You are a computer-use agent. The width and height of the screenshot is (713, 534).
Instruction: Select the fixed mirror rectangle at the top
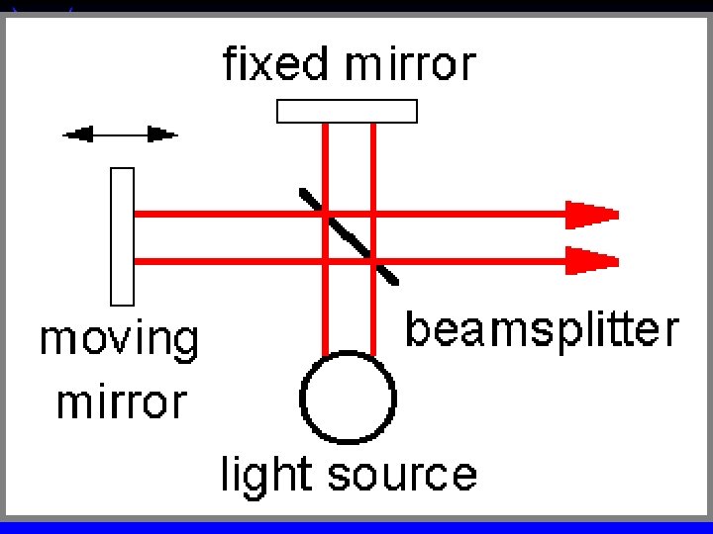point(347,110)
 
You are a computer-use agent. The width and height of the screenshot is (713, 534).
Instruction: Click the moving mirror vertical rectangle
point(122,235)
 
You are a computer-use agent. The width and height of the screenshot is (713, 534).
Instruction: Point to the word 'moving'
point(119,341)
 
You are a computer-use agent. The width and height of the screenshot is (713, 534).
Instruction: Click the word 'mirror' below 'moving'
point(121,401)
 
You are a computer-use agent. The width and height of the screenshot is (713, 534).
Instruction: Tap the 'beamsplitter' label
point(543,329)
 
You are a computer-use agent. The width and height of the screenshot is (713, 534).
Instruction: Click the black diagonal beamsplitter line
point(349,236)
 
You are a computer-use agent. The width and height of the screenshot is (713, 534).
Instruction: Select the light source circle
point(349,399)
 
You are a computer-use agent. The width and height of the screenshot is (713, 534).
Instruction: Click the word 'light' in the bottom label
point(259,475)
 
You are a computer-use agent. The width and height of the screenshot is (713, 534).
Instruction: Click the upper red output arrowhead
point(592,213)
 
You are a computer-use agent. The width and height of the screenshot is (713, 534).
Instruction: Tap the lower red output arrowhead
point(592,261)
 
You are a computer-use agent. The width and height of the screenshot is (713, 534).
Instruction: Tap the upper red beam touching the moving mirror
point(218,213)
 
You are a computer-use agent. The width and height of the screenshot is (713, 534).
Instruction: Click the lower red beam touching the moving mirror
point(218,261)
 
